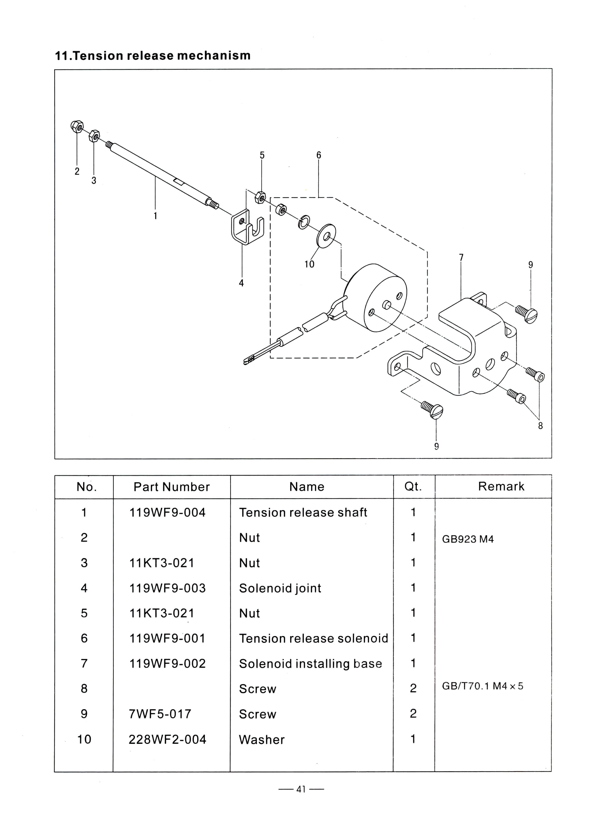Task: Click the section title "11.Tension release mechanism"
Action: (x=153, y=56)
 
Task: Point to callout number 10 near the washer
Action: (x=309, y=264)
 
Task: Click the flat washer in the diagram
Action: (x=326, y=236)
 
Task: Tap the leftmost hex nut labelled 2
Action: (x=77, y=127)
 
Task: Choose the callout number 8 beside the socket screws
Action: (x=540, y=426)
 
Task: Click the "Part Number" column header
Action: (x=171, y=487)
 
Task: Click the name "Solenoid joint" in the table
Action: (x=280, y=588)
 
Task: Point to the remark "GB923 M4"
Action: (x=468, y=539)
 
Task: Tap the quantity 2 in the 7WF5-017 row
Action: (x=413, y=714)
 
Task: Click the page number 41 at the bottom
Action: (x=301, y=789)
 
